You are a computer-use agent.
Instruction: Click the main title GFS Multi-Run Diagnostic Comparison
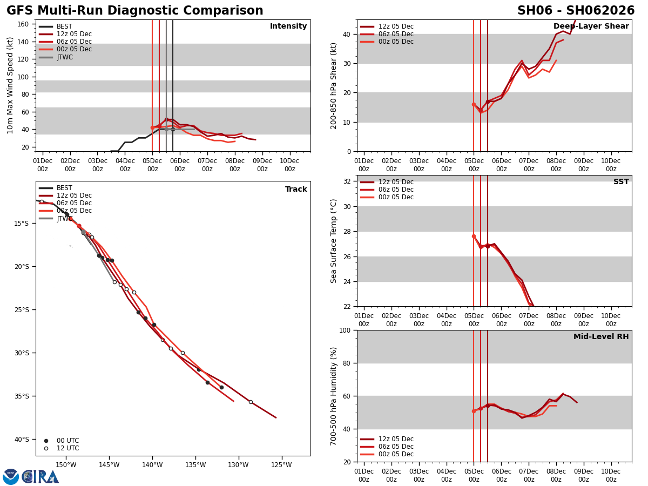(x=134, y=11)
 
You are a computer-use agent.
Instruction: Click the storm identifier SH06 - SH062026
(x=576, y=11)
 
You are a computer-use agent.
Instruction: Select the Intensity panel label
(x=288, y=26)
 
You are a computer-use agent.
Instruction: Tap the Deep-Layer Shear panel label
(x=591, y=26)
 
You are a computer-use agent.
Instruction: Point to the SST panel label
(x=621, y=182)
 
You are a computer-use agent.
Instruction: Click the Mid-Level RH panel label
(x=601, y=337)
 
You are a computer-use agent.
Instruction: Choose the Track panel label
(x=296, y=190)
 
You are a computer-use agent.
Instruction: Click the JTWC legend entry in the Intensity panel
(x=64, y=57)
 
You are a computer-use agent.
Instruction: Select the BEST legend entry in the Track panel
(x=64, y=188)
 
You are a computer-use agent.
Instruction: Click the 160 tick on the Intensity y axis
(x=23, y=24)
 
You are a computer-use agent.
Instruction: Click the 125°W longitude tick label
(x=281, y=465)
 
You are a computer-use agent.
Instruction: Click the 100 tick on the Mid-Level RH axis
(x=343, y=330)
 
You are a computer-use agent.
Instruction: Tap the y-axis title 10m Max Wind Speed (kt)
(x=11, y=85)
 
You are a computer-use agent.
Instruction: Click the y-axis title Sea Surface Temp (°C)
(x=334, y=241)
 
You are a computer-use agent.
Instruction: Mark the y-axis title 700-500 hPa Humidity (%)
(x=334, y=396)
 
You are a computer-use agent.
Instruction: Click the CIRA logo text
(x=40, y=477)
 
